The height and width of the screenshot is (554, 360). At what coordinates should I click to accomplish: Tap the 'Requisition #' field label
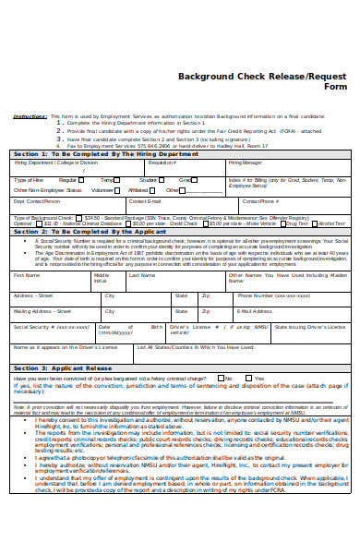(162, 163)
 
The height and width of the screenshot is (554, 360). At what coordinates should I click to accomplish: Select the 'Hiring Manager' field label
(246, 163)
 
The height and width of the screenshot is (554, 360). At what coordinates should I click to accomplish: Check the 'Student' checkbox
(162, 179)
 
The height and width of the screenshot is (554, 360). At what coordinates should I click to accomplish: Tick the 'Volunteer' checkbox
(118, 188)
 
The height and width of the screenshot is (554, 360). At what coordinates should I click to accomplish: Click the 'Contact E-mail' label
(146, 200)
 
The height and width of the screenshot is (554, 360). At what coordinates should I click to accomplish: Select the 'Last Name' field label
(141, 275)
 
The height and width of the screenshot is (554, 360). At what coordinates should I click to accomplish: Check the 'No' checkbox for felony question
(221, 378)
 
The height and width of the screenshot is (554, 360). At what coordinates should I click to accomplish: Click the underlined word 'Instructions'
(30, 116)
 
